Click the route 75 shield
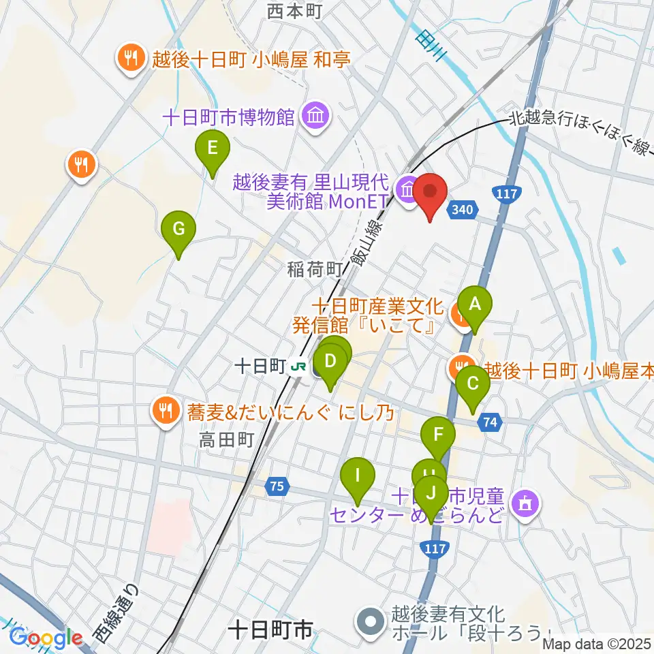(x=276, y=486)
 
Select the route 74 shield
(x=490, y=422)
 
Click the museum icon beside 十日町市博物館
(x=315, y=116)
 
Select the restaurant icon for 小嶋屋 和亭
(x=129, y=59)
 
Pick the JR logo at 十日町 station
(x=297, y=367)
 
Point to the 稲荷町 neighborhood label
(x=314, y=269)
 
